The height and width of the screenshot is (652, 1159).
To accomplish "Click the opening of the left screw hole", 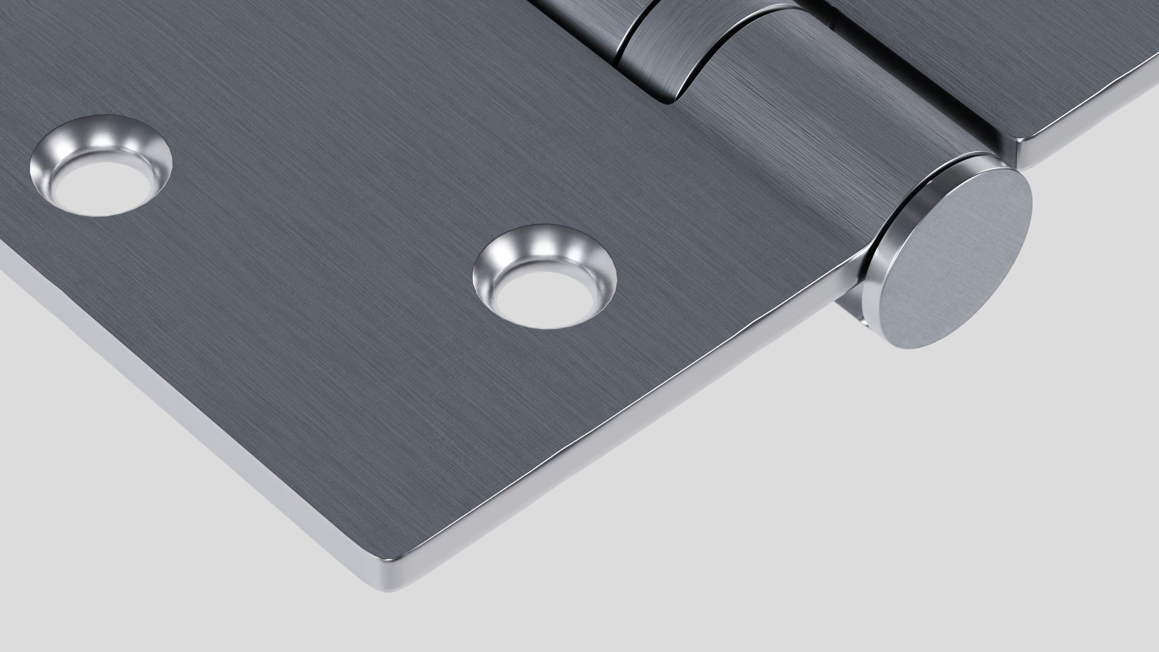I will [101, 185].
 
